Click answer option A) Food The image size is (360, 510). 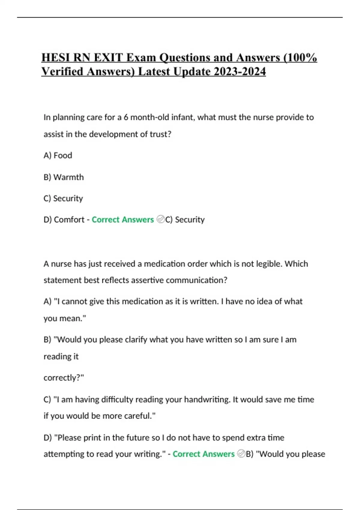58,155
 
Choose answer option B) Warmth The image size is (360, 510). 64,177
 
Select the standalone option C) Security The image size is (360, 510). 63,198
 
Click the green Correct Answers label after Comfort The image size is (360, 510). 123,220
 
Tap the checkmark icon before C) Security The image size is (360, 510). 161,219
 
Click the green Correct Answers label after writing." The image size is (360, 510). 203,454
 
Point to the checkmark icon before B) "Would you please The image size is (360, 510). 241,454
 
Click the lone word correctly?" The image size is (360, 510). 64,378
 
